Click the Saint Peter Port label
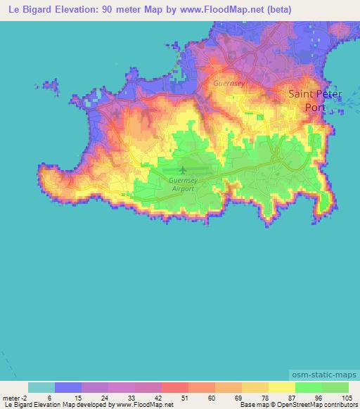point(313,100)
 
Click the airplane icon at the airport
point(184,170)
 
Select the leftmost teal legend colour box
point(41,387)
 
